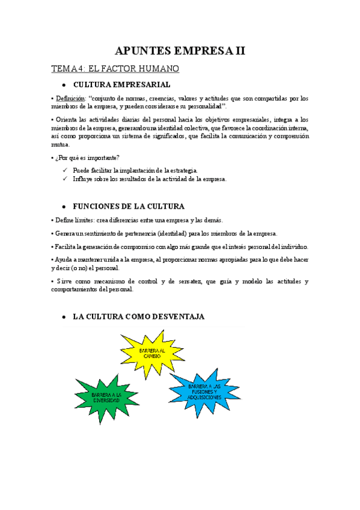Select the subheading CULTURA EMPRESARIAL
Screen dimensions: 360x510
tap(121, 85)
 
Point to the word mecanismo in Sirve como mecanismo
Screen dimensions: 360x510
tap(114, 281)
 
